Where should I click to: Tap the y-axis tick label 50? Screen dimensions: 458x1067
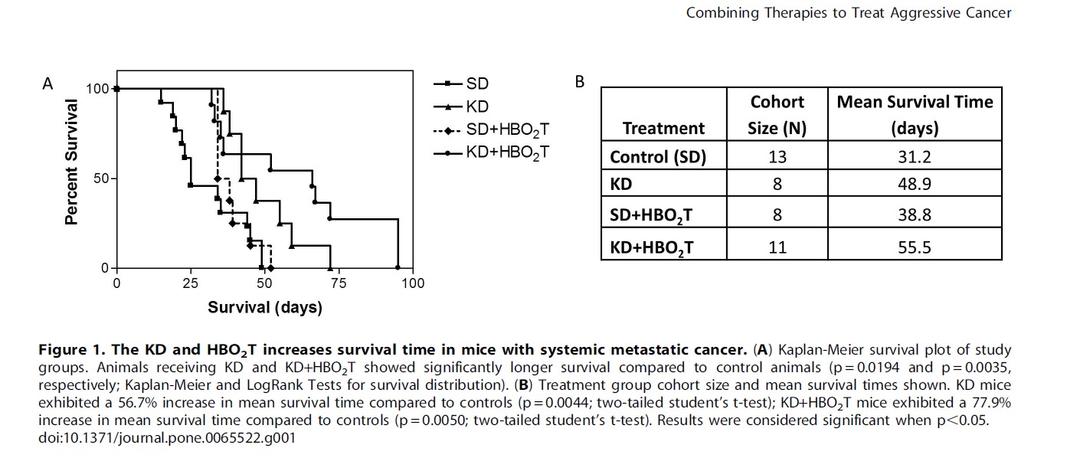click(x=100, y=178)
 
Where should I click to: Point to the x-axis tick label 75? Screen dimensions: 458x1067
click(x=339, y=283)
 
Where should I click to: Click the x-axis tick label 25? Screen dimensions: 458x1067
click(x=190, y=283)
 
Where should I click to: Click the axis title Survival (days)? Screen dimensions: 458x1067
click(x=264, y=308)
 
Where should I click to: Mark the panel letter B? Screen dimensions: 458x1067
click(x=580, y=81)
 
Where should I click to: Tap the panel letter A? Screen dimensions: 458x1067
click(x=47, y=83)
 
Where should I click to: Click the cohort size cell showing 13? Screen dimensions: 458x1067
click(x=777, y=158)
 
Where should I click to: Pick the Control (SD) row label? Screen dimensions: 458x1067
click(x=657, y=158)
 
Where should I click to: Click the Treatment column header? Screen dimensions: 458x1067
click(x=663, y=128)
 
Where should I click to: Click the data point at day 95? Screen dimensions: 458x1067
click(x=398, y=268)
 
